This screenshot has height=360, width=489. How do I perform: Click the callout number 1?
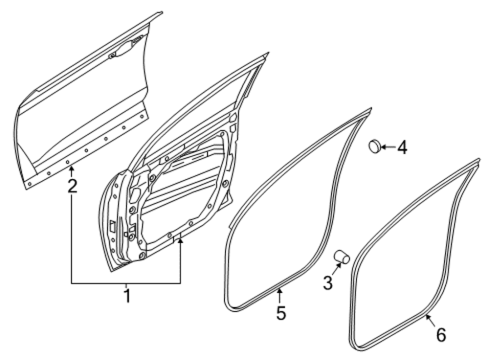(x=127, y=296)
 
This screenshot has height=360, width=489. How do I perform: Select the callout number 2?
(x=72, y=186)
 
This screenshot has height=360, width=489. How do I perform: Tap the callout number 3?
(x=328, y=283)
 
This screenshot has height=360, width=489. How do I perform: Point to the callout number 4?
(x=402, y=147)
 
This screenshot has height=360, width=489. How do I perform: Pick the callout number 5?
(x=281, y=313)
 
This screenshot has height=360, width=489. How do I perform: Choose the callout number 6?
(x=441, y=335)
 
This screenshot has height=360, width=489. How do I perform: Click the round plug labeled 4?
(x=375, y=146)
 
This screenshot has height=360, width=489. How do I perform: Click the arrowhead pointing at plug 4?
(x=383, y=146)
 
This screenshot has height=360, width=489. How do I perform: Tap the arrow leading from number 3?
(x=337, y=269)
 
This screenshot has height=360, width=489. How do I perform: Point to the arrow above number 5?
(x=279, y=296)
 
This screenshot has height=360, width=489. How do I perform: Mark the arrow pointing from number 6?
(x=431, y=321)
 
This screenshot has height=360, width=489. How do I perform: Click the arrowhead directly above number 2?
(x=72, y=170)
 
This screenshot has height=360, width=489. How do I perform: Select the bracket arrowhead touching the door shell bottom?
(x=180, y=241)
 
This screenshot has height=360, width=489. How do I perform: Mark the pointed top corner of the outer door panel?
(x=162, y=12)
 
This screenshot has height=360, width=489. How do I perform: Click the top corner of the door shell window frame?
(x=268, y=53)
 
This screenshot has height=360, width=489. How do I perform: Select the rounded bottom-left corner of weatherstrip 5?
(x=227, y=306)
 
